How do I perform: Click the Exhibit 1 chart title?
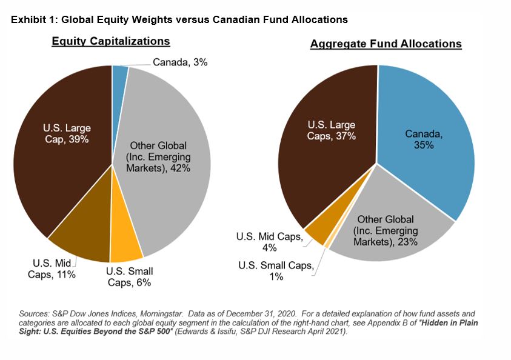pyautogui.click(x=178, y=20)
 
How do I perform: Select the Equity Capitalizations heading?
pyautogui.click(x=110, y=42)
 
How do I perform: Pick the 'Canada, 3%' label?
pyautogui.click(x=180, y=62)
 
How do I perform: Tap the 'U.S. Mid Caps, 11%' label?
pyautogui.click(x=53, y=269)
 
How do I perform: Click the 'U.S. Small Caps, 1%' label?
pyautogui.click(x=275, y=271)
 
